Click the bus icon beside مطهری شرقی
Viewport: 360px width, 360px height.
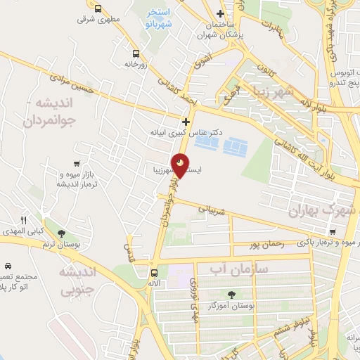(98, 9)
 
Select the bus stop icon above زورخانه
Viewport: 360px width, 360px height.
(135, 53)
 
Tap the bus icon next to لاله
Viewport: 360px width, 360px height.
(154, 272)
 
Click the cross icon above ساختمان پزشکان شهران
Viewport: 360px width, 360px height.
(221, 14)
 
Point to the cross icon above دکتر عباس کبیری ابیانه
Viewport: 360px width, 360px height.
(186, 121)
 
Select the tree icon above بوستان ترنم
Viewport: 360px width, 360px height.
(61, 233)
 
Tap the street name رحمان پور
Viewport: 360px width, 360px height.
(266, 245)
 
